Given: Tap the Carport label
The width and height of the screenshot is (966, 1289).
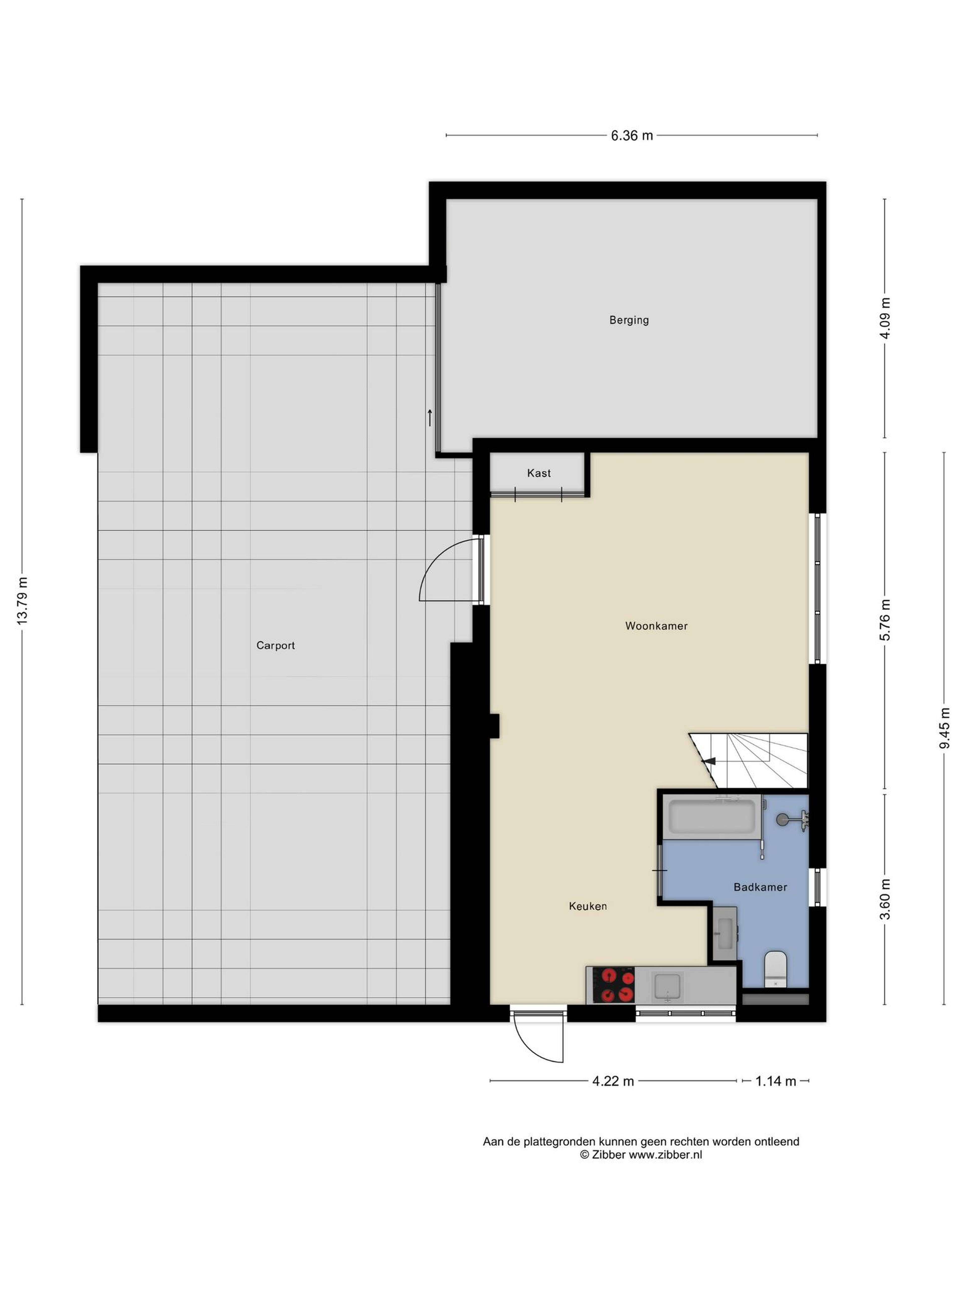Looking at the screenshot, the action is click(275, 645).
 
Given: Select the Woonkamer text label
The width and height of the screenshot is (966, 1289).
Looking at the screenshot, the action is click(656, 626).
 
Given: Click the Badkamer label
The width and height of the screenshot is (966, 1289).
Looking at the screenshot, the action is click(760, 887).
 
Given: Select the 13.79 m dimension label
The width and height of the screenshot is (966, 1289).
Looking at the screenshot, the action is click(22, 601).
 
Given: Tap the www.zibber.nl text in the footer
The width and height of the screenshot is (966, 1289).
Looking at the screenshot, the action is click(665, 1154).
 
